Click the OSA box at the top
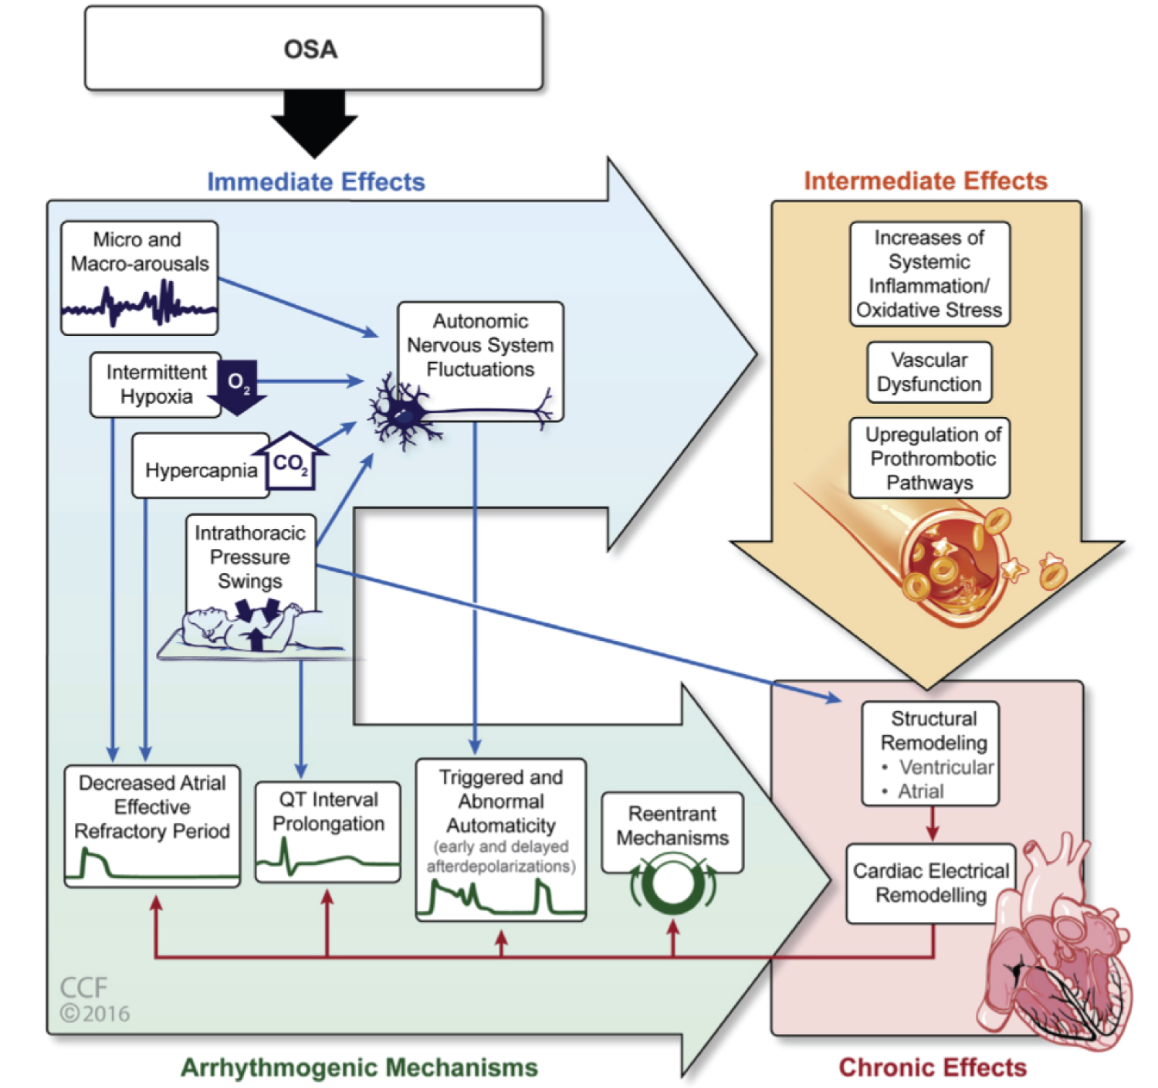click(313, 49)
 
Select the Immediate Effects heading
click(316, 181)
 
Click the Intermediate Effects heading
click(926, 181)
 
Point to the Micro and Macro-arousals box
click(139, 276)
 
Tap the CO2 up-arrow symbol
click(290, 462)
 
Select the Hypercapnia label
click(201, 470)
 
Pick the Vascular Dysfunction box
click(929, 372)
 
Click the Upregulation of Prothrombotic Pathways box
click(930, 458)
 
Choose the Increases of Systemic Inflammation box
click(929, 274)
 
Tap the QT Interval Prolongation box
click(328, 831)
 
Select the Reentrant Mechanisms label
click(672, 825)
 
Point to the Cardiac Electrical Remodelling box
click(930, 883)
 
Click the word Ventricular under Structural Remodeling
click(946, 767)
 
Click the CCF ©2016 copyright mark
click(94, 1000)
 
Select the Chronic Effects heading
click(933, 1067)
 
